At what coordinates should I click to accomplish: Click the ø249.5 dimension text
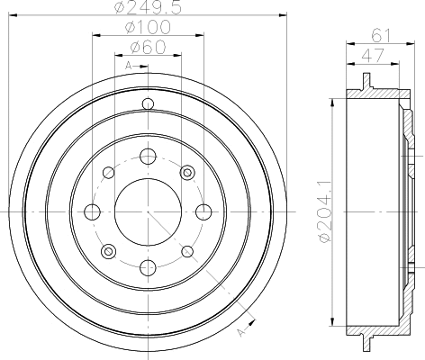(149, 10)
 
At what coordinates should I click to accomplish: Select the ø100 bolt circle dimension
(148, 29)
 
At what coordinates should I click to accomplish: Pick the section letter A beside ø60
(128, 67)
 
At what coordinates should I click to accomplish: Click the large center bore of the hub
(148, 211)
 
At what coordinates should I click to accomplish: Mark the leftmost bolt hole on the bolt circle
(92, 211)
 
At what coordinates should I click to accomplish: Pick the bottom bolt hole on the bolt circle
(148, 267)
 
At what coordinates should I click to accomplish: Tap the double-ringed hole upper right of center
(187, 172)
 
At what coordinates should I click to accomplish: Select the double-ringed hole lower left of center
(108, 251)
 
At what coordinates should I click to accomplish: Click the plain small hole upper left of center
(108, 172)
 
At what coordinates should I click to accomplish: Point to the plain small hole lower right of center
(187, 251)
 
